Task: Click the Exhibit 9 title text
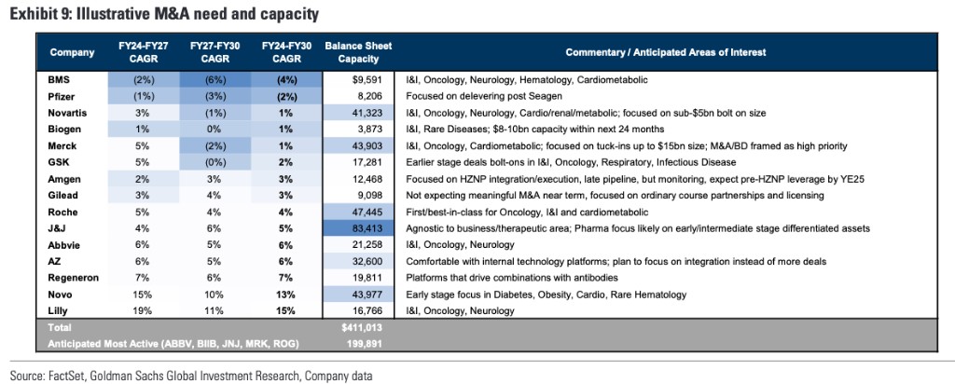164,14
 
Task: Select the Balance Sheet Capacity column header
358,52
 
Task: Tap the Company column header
72,52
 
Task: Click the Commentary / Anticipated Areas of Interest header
665,52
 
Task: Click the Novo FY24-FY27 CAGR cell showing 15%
144,295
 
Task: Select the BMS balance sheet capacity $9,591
366,80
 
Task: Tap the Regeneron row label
74,278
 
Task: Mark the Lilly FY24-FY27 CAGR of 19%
144,311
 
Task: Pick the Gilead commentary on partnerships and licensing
615,196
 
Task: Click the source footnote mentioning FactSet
191,377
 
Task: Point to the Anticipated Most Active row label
173,344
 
